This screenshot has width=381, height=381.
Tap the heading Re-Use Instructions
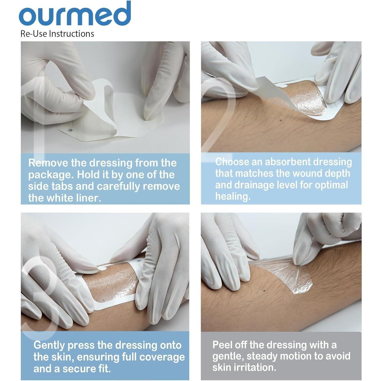(57, 34)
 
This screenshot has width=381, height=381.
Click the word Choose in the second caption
(232, 162)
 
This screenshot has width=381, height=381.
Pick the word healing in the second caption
(233, 196)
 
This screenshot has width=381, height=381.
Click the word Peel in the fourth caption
(223, 345)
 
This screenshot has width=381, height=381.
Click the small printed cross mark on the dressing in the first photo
(69, 131)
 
